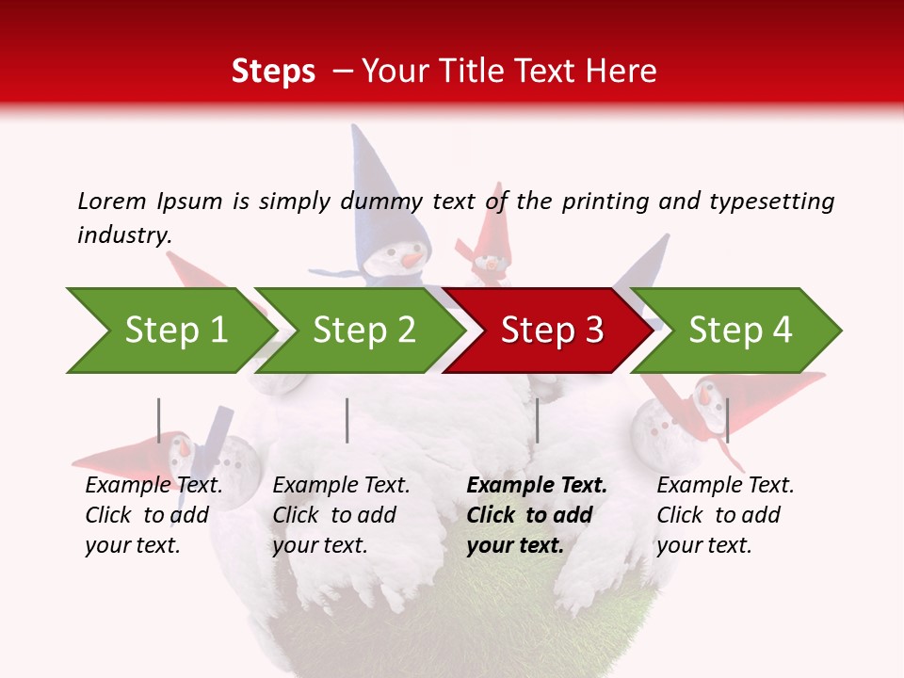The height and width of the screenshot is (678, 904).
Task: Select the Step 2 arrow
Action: click(363, 331)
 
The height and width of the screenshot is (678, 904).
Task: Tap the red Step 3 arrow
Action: click(552, 331)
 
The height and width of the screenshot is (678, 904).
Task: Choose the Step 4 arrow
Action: click(740, 331)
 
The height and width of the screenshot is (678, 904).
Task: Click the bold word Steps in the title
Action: click(273, 71)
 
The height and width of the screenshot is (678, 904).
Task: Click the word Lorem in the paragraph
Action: click(111, 201)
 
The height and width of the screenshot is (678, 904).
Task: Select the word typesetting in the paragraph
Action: click(771, 201)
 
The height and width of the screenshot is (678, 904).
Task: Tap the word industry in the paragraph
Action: click(123, 234)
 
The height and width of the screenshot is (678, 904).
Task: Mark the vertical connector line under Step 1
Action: click(159, 420)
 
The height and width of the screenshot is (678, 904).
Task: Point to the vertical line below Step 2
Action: click(347, 420)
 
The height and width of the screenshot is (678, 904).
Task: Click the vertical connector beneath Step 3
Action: click(537, 420)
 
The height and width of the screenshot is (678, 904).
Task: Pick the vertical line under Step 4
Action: click(727, 420)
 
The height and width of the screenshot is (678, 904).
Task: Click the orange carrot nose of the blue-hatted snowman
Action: click(412, 257)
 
